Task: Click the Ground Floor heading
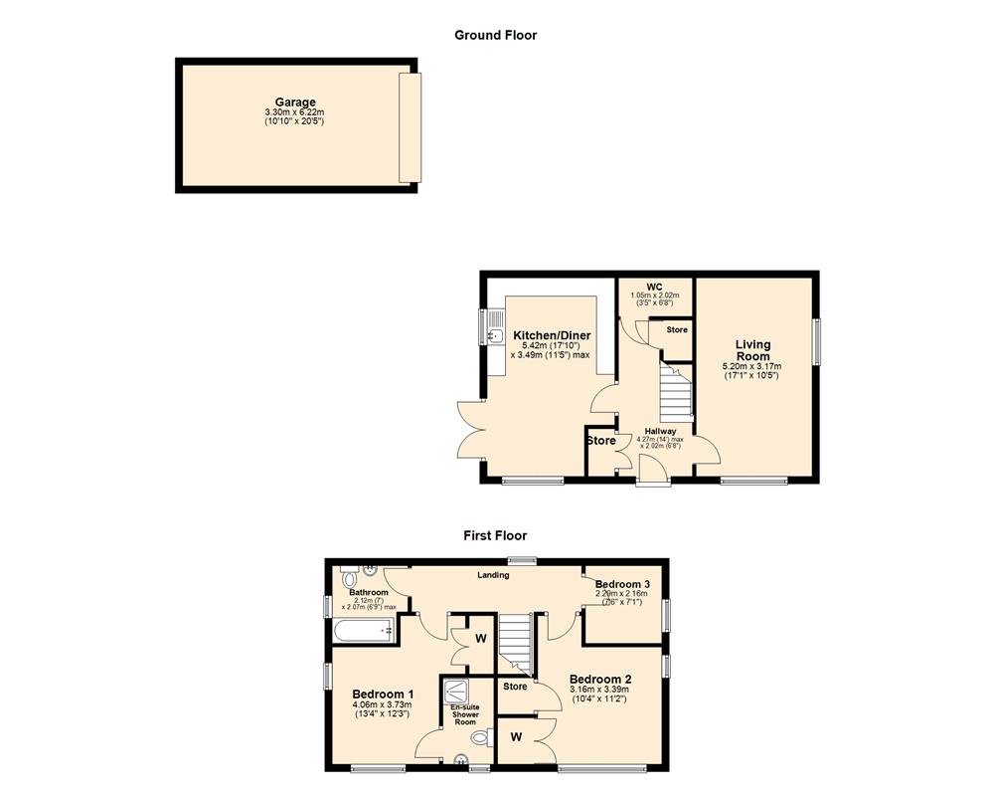coord(495,35)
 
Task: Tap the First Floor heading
coord(494,535)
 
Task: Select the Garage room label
coord(295,102)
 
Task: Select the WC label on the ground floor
coord(654,288)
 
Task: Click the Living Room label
coord(752,350)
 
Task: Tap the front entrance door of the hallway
coord(653,483)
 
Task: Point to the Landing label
coord(493,574)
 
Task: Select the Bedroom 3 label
coord(623,583)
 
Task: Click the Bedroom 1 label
coord(383,694)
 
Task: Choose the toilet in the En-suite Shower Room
coord(482,737)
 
